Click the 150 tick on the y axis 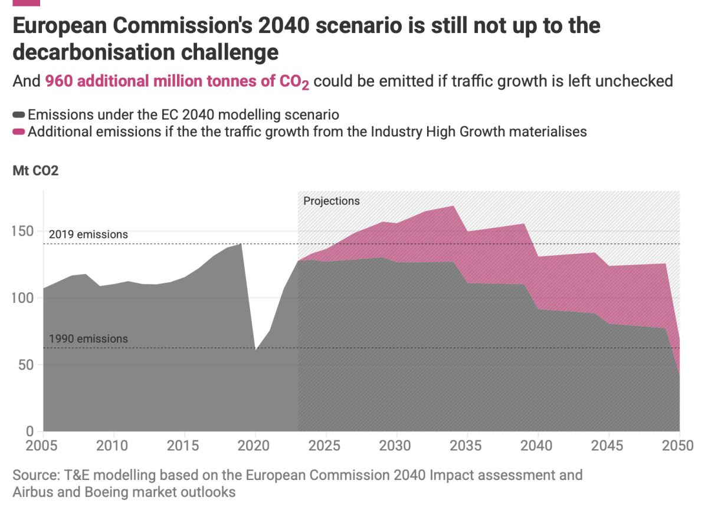pyautogui.click(x=22, y=231)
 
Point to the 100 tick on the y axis pyautogui.click(x=22, y=298)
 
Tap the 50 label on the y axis pyautogui.click(x=26, y=365)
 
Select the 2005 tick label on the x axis pyautogui.click(x=41, y=446)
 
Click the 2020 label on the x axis pyautogui.click(x=254, y=446)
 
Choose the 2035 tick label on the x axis pyautogui.click(x=466, y=446)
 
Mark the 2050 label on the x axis pyautogui.click(x=678, y=446)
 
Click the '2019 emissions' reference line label pyautogui.click(x=88, y=234)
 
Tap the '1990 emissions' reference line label pyautogui.click(x=88, y=339)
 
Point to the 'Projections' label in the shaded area pyautogui.click(x=332, y=201)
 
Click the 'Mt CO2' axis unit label pyautogui.click(x=35, y=171)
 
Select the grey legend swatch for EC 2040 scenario pyautogui.click(x=19, y=115)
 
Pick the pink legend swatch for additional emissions pyautogui.click(x=19, y=132)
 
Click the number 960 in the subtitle pyautogui.click(x=59, y=81)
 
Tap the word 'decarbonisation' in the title pyautogui.click(x=94, y=52)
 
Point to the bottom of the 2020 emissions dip pyautogui.click(x=255, y=349)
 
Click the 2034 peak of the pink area pyautogui.click(x=454, y=206)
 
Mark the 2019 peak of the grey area pyautogui.click(x=241, y=244)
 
